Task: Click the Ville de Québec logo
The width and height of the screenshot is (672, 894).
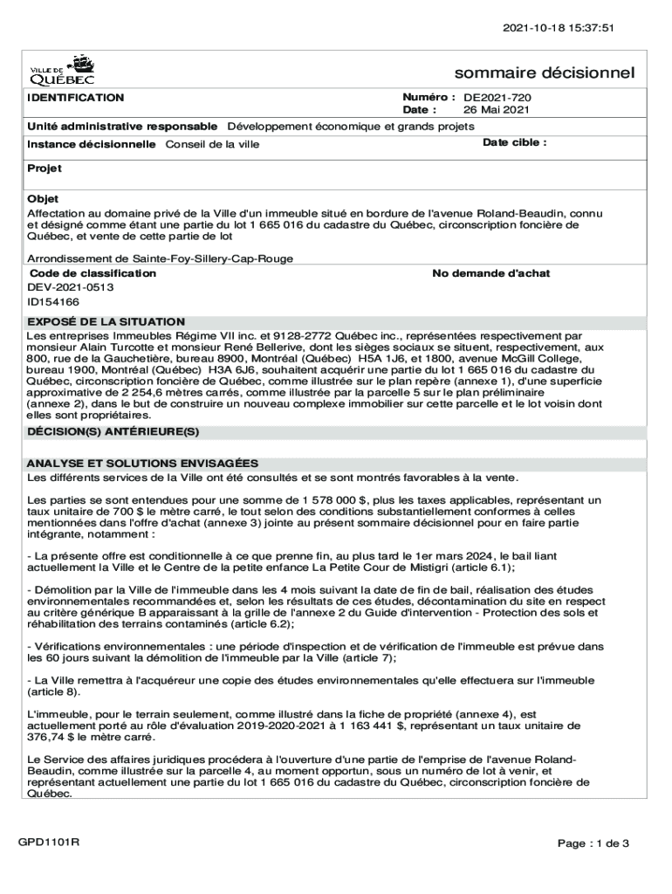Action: [63, 69]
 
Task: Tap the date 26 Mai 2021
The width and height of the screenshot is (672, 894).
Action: [496, 111]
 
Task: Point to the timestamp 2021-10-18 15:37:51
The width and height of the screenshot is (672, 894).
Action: [559, 27]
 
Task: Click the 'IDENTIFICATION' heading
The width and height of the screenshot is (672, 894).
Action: [75, 98]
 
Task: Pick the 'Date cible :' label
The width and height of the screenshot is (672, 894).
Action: [515, 142]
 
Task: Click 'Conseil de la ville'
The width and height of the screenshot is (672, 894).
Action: [212, 144]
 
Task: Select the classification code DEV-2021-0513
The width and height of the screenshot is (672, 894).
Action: [71, 286]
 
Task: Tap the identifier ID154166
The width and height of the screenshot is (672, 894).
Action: [53, 301]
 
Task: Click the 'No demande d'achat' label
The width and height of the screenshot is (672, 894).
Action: [491, 273]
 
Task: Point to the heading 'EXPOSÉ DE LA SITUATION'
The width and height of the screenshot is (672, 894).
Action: [106, 322]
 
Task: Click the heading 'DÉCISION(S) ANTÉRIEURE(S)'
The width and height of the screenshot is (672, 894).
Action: [113, 431]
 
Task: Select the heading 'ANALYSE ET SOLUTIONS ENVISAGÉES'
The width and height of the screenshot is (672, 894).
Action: [142, 464]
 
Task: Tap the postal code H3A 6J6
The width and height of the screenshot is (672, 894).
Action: [230, 369]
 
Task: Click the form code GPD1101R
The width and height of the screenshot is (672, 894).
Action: [50, 842]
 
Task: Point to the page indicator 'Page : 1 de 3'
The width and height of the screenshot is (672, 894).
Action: [593, 843]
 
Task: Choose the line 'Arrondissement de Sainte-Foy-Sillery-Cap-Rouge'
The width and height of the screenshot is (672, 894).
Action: [160, 258]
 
